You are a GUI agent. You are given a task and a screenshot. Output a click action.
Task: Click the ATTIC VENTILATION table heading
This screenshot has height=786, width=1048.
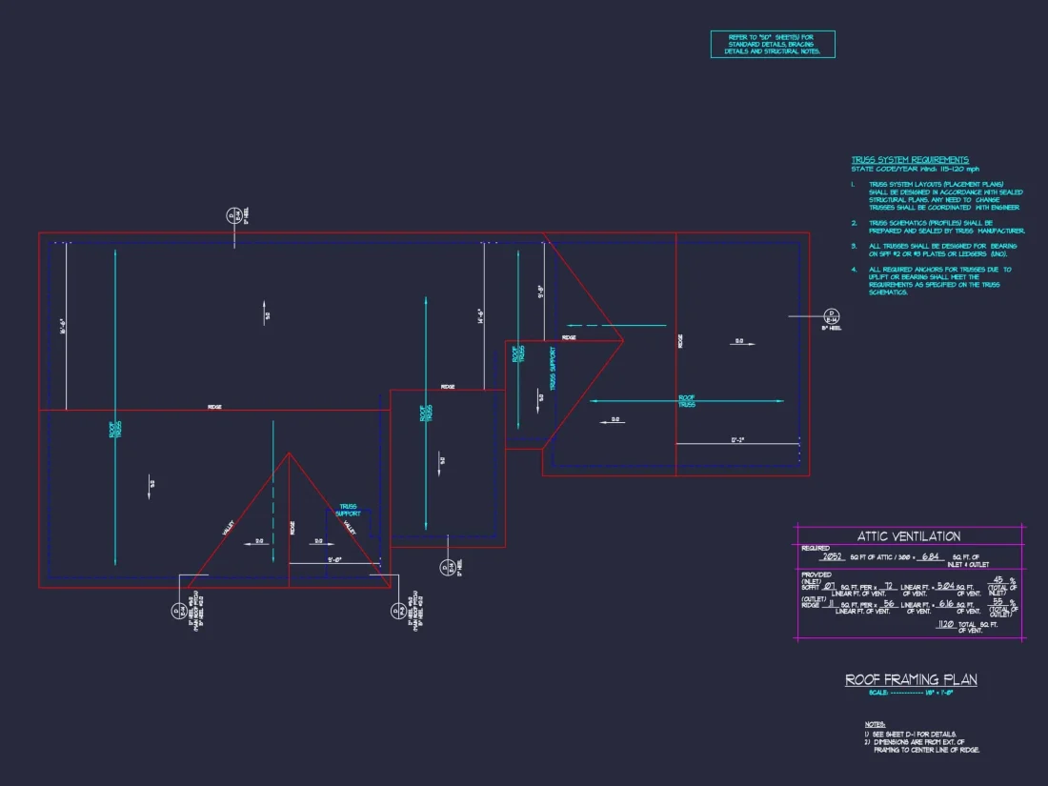pyautogui.click(x=908, y=536)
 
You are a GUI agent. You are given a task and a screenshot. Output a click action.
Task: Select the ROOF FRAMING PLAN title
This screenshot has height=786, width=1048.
pyautogui.click(x=911, y=679)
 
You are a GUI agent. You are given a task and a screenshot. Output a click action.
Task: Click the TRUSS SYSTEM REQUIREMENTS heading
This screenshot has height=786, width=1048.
pyautogui.click(x=910, y=160)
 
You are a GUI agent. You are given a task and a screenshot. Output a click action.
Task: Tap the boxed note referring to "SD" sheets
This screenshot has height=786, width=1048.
pyautogui.click(x=773, y=44)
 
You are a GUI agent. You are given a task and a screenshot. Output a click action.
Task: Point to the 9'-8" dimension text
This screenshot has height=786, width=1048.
pyautogui.click(x=540, y=291)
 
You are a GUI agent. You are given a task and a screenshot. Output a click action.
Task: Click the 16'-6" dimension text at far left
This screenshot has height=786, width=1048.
pyautogui.click(x=62, y=326)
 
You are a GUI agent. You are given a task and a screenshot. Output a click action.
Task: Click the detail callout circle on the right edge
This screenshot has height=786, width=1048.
pyautogui.click(x=830, y=315)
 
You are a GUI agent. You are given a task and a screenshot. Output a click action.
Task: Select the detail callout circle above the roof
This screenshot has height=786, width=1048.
pyautogui.click(x=232, y=215)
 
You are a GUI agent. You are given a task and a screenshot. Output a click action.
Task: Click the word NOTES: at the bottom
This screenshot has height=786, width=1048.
pyautogui.click(x=876, y=724)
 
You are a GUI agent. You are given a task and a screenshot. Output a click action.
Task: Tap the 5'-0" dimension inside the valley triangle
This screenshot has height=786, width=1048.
pyautogui.click(x=334, y=559)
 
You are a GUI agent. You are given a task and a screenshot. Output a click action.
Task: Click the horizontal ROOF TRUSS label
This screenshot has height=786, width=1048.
pyautogui.click(x=686, y=401)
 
